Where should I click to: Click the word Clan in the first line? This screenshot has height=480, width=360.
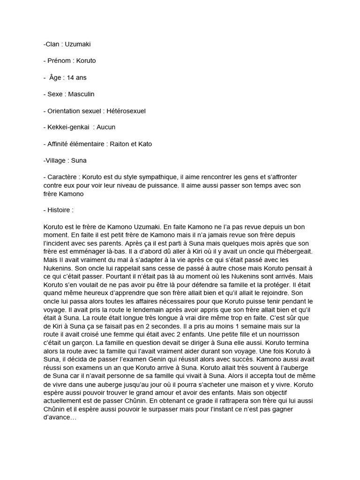(52, 44)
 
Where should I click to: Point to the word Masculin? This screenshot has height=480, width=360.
(81, 94)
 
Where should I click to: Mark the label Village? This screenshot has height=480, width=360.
(55, 160)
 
